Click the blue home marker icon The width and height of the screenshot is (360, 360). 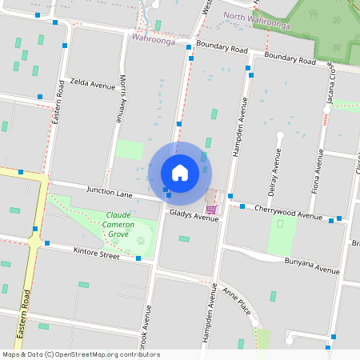pos(180,172)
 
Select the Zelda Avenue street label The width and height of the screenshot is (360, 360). pos(93,83)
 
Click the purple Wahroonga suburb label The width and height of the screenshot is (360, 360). pos(154,38)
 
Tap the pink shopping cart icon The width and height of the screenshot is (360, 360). pos(210,210)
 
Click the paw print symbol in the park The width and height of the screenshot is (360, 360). pos(142,238)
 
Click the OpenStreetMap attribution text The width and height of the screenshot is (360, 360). pos(81,354)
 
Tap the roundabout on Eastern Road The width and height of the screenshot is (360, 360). pos(34,241)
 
